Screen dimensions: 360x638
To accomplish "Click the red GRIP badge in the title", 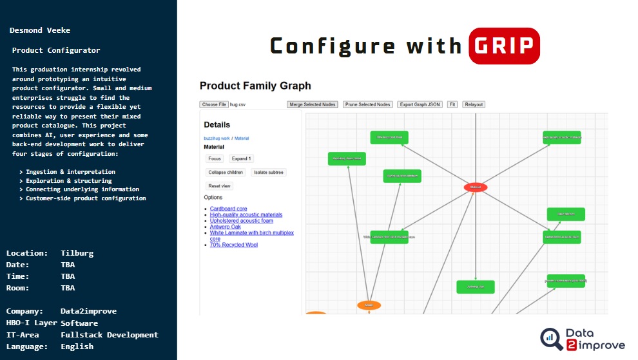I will click(x=504, y=46).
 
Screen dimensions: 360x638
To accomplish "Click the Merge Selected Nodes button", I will click(x=313, y=104).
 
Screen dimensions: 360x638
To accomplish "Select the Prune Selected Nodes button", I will click(x=367, y=104).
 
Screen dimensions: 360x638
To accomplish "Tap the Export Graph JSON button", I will click(x=420, y=104).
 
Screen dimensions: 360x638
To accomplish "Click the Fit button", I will click(x=452, y=104).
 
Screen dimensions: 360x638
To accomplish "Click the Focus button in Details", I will click(x=215, y=158).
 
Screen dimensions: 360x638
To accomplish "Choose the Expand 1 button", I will click(x=241, y=158).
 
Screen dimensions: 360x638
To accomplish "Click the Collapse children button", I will click(x=226, y=172).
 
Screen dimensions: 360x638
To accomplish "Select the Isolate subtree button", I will click(x=268, y=172).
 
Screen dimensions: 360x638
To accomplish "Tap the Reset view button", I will click(x=219, y=185).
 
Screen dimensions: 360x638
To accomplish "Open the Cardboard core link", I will click(x=228, y=209).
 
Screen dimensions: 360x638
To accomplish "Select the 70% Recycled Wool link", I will click(x=234, y=245).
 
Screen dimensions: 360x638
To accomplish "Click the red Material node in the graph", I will click(x=476, y=187).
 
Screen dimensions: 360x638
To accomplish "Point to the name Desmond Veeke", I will click(x=40, y=30).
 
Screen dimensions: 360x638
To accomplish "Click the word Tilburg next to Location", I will click(x=77, y=253).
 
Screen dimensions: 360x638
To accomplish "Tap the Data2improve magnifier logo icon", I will click(x=551, y=339).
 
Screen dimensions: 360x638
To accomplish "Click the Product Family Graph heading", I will click(x=255, y=86).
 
